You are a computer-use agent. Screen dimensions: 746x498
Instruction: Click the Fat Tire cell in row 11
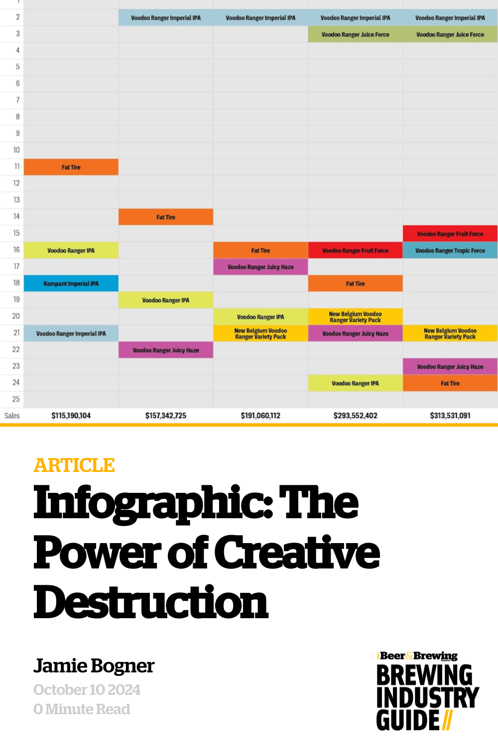(71, 167)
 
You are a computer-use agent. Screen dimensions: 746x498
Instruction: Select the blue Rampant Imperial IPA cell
(71, 283)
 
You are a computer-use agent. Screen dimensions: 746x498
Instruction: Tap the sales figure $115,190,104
(71, 416)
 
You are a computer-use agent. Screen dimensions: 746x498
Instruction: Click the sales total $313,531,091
(450, 416)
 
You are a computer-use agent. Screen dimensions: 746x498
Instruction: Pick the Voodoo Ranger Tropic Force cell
(450, 251)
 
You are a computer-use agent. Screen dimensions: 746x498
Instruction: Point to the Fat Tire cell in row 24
(450, 383)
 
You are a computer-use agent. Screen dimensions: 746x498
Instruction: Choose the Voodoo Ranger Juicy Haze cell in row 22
(165, 350)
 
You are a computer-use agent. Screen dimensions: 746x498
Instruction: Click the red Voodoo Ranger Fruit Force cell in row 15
(450, 234)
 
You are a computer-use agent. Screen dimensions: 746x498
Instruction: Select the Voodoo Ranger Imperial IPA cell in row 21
(71, 334)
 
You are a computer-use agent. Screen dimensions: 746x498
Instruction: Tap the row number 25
(16, 399)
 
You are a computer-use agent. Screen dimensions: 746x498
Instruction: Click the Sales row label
(12, 416)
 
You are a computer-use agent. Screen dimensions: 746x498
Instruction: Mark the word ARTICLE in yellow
(74, 466)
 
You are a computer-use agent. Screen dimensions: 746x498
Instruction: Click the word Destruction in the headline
(150, 603)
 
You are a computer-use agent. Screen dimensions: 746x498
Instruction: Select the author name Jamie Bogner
(94, 666)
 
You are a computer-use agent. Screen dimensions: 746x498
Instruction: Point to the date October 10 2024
(87, 690)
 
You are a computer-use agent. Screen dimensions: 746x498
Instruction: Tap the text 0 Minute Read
(82, 709)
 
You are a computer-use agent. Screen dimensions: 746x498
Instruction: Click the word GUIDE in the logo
(408, 720)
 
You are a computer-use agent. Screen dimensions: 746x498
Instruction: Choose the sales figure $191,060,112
(260, 416)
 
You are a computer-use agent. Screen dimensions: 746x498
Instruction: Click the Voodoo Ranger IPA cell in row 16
(71, 251)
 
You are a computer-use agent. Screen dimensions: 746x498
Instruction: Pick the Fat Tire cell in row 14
(165, 217)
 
